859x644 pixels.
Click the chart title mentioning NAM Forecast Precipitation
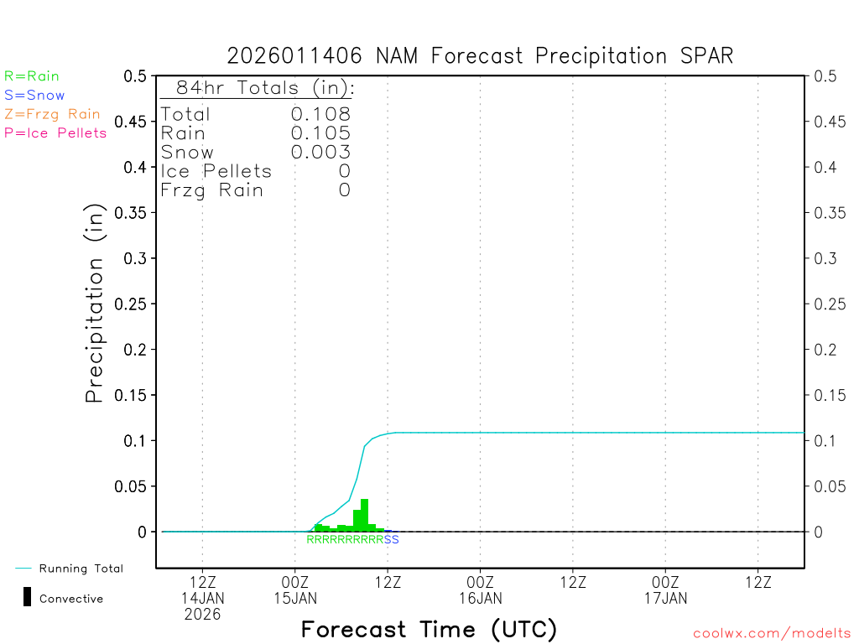pos(480,56)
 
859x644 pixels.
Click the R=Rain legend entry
pos(32,76)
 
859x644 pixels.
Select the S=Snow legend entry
pos(34,96)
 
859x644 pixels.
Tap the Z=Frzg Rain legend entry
pos(52,114)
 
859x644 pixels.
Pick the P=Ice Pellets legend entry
pos(55,132)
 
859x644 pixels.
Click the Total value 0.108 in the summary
pos(320,114)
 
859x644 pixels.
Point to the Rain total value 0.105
pos(320,133)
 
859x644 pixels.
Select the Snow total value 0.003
pos(320,152)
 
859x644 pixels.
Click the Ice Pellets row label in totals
pos(216,171)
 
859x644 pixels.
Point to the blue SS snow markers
pos(392,539)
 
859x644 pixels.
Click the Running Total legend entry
pos(81,569)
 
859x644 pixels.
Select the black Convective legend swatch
pos(28,597)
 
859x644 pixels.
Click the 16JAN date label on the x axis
pos(481,598)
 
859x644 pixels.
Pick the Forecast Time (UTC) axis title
pos(429,629)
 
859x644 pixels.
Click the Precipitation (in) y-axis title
pos(95,304)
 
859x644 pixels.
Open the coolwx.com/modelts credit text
pos(772,634)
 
